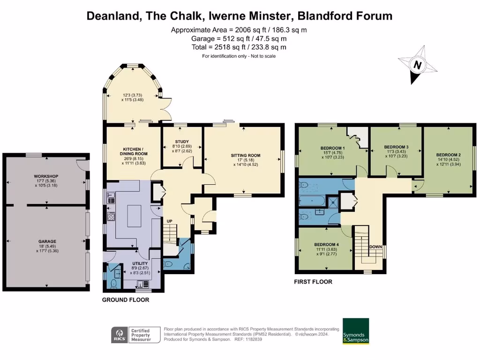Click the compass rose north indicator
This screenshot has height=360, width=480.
click(x=417, y=65)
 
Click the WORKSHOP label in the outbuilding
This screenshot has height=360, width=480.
click(x=45, y=176)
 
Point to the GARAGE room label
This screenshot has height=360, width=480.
click(x=46, y=241)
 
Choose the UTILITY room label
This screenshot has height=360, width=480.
click(x=134, y=263)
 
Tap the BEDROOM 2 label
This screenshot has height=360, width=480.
click(x=448, y=155)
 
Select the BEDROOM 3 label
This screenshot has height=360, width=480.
click(x=396, y=147)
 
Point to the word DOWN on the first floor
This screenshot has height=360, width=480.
click(x=375, y=247)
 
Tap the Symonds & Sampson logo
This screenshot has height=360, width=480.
click(x=356, y=331)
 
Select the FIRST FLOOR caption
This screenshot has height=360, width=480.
click(x=313, y=282)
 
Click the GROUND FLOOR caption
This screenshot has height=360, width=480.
click(x=126, y=300)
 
